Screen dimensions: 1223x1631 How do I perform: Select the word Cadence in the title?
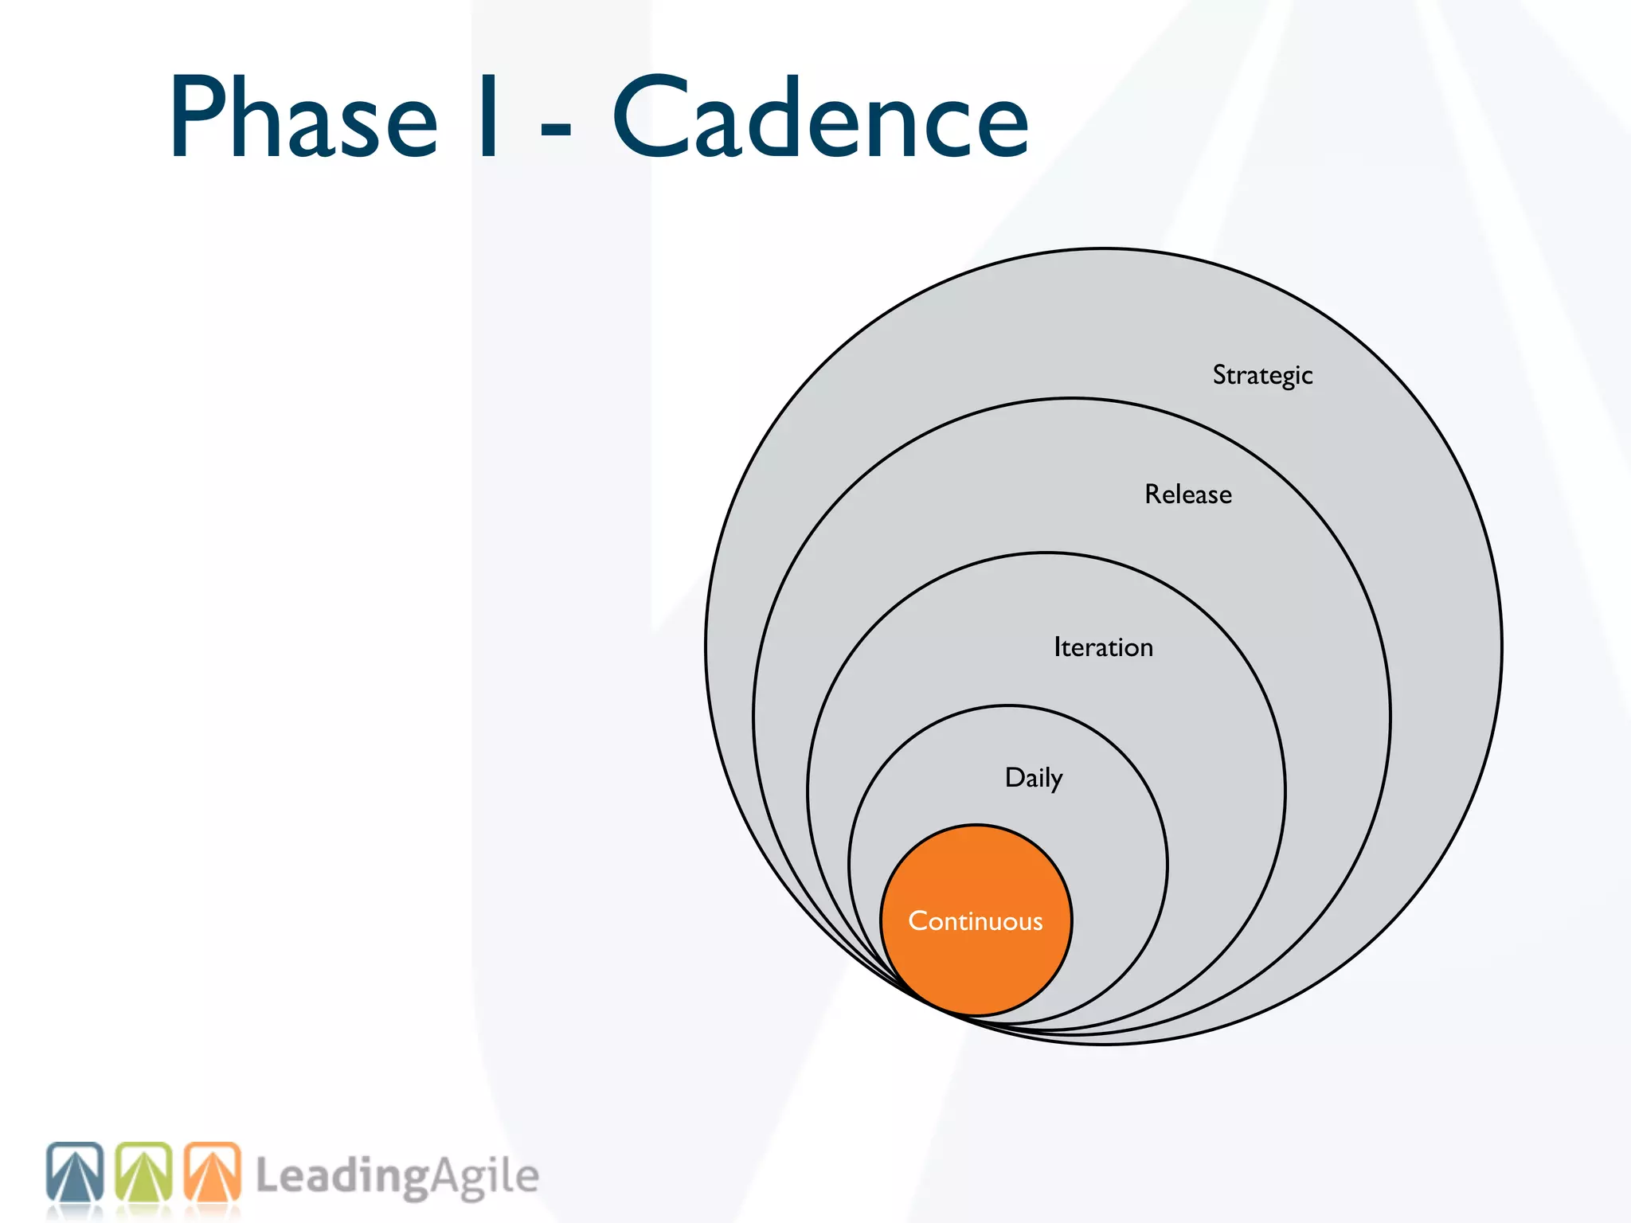coord(820,118)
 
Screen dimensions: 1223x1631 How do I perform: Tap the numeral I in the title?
coord(489,118)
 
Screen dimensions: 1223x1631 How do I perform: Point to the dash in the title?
coord(556,127)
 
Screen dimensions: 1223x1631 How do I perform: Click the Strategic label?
coord(1262,375)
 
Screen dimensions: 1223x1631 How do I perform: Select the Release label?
coord(1188,494)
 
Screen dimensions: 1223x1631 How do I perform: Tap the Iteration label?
coord(1103,647)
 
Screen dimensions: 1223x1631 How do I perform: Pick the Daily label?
coord(1034,778)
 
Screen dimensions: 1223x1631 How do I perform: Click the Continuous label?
coord(976,921)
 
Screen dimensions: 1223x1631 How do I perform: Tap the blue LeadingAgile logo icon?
coord(75,1172)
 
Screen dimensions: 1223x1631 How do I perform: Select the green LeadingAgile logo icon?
coord(144,1172)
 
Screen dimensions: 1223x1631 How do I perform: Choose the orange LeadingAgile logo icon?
coord(213,1172)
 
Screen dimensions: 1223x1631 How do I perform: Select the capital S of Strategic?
coord(1219,374)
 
